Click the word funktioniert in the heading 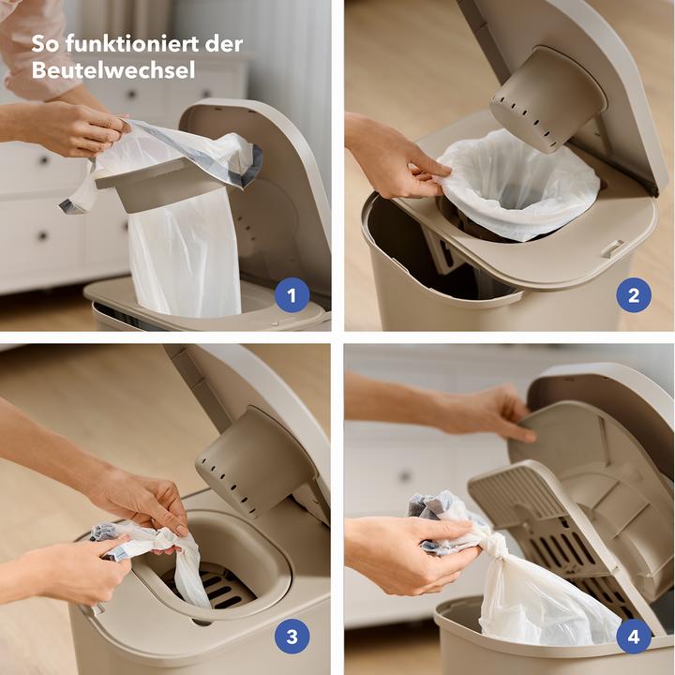[121, 44]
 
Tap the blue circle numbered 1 [292, 297]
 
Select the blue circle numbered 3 [292, 637]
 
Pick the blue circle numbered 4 [634, 637]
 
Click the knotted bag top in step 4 [487, 542]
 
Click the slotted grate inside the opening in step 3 [220, 586]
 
